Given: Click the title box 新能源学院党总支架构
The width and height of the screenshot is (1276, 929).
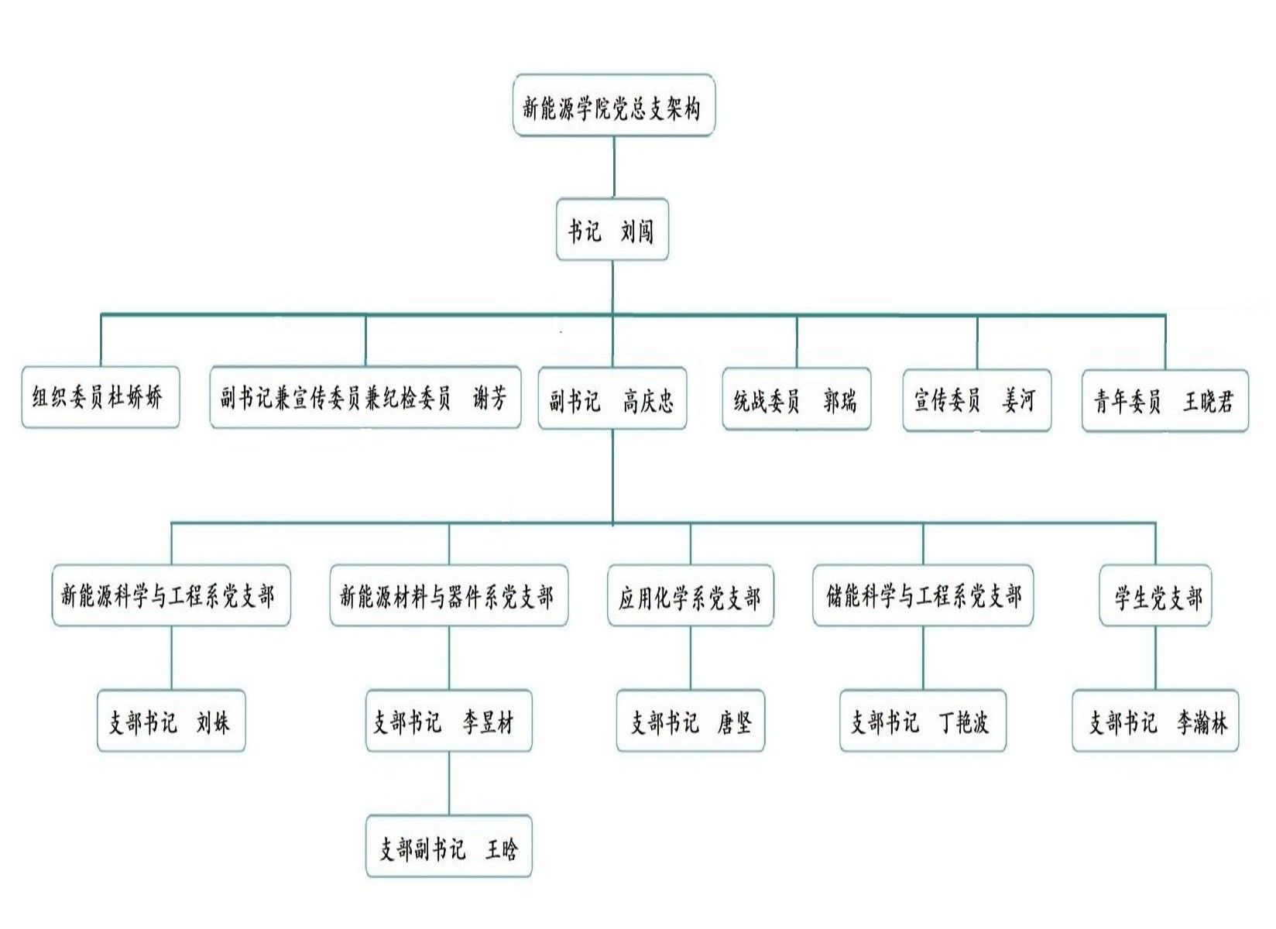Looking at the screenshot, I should tap(613, 106).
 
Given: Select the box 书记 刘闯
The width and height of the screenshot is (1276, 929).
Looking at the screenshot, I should tap(612, 230).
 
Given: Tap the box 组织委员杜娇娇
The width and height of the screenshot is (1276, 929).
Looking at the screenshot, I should tap(100, 398).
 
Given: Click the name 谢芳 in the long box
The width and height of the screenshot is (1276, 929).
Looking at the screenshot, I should tap(489, 398).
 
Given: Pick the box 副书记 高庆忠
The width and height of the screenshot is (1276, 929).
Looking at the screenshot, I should tap(612, 399).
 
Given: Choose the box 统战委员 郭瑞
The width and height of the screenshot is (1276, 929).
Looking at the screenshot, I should tap(796, 399).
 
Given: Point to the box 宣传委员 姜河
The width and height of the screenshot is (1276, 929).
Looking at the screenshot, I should tap(976, 400).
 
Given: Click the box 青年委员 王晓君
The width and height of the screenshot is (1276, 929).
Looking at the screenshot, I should tap(1165, 401).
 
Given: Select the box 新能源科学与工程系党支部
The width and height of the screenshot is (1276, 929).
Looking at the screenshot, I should tap(170, 595).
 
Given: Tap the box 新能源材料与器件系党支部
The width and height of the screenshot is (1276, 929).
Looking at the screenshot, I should tap(448, 595).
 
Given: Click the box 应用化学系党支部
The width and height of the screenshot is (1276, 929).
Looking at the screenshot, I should tap(690, 596).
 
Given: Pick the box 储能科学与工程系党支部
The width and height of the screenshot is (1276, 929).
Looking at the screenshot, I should tap(922, 595).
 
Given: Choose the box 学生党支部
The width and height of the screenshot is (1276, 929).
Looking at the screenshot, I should tap(1154, 596).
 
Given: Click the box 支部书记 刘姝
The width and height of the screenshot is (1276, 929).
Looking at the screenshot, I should tap(170, 722).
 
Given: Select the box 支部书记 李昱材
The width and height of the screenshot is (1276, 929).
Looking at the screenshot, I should tap(448, 722).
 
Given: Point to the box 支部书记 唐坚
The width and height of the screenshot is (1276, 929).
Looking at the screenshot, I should tap(690, 722).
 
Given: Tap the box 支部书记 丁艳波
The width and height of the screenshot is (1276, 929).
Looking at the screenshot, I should tap(922, 722).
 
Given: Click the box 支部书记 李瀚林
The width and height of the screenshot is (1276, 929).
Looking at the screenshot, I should tap(1154, 722).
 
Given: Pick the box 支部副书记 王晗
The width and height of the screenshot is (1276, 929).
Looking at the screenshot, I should tap(448, 847).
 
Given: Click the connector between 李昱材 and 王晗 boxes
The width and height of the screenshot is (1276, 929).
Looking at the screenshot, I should tap(449, 783).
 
